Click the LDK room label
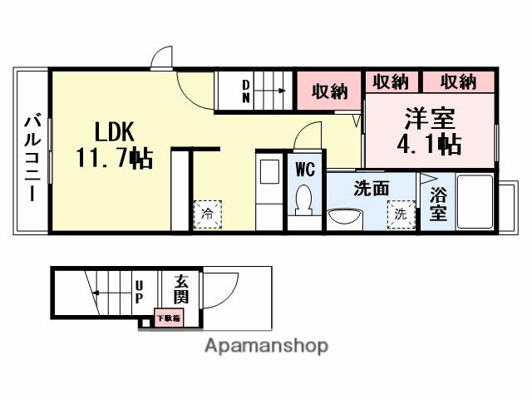tap(114, 131)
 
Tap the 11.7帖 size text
tap(114, 157)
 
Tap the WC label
tap(304, 170)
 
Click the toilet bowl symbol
tap(303, 199)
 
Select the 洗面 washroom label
tap(371, 188)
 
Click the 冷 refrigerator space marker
tap(207, 213)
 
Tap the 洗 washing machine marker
tap(401, 213)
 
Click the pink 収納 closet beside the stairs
tap(330, 91)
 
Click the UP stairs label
tap(139, 291)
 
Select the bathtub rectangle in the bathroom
tap(476, 202)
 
